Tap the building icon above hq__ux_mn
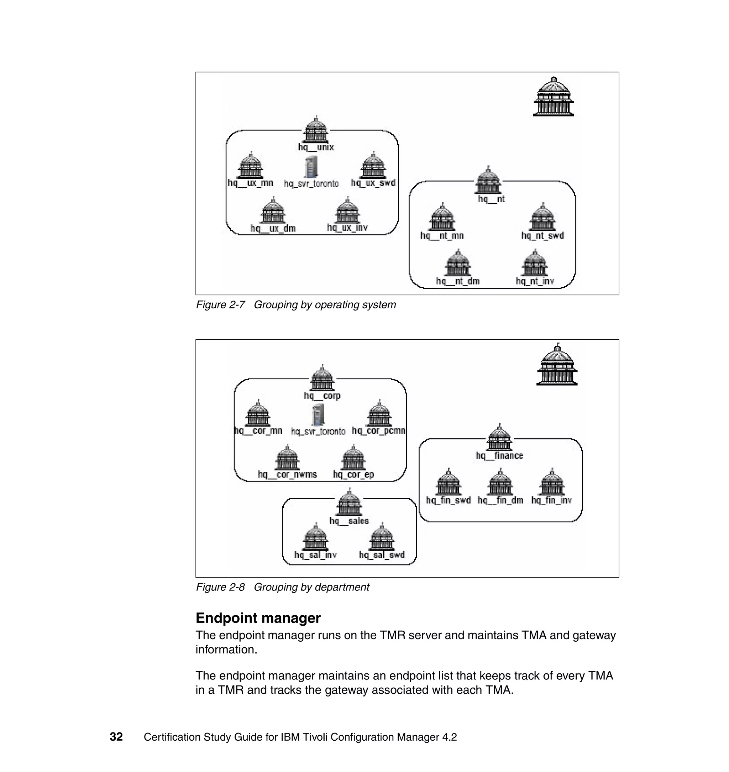click(x=251, y=166)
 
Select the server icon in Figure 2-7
click(x=311, y=167)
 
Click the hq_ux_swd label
click(x=373, y=183)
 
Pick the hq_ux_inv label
click(x=347, y=228)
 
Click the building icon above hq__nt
click(x=488, y=181)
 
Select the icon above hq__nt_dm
click(x=458, y=264)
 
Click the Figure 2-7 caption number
click(x=220, y=305)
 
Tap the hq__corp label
click(x=322, y=396)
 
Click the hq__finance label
click(x=499, y=455)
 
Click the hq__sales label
click(x=349, y=521)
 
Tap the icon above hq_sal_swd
click(x=382, y=538)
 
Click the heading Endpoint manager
click(x=258, y=618)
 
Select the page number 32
click(x=116, y=737)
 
